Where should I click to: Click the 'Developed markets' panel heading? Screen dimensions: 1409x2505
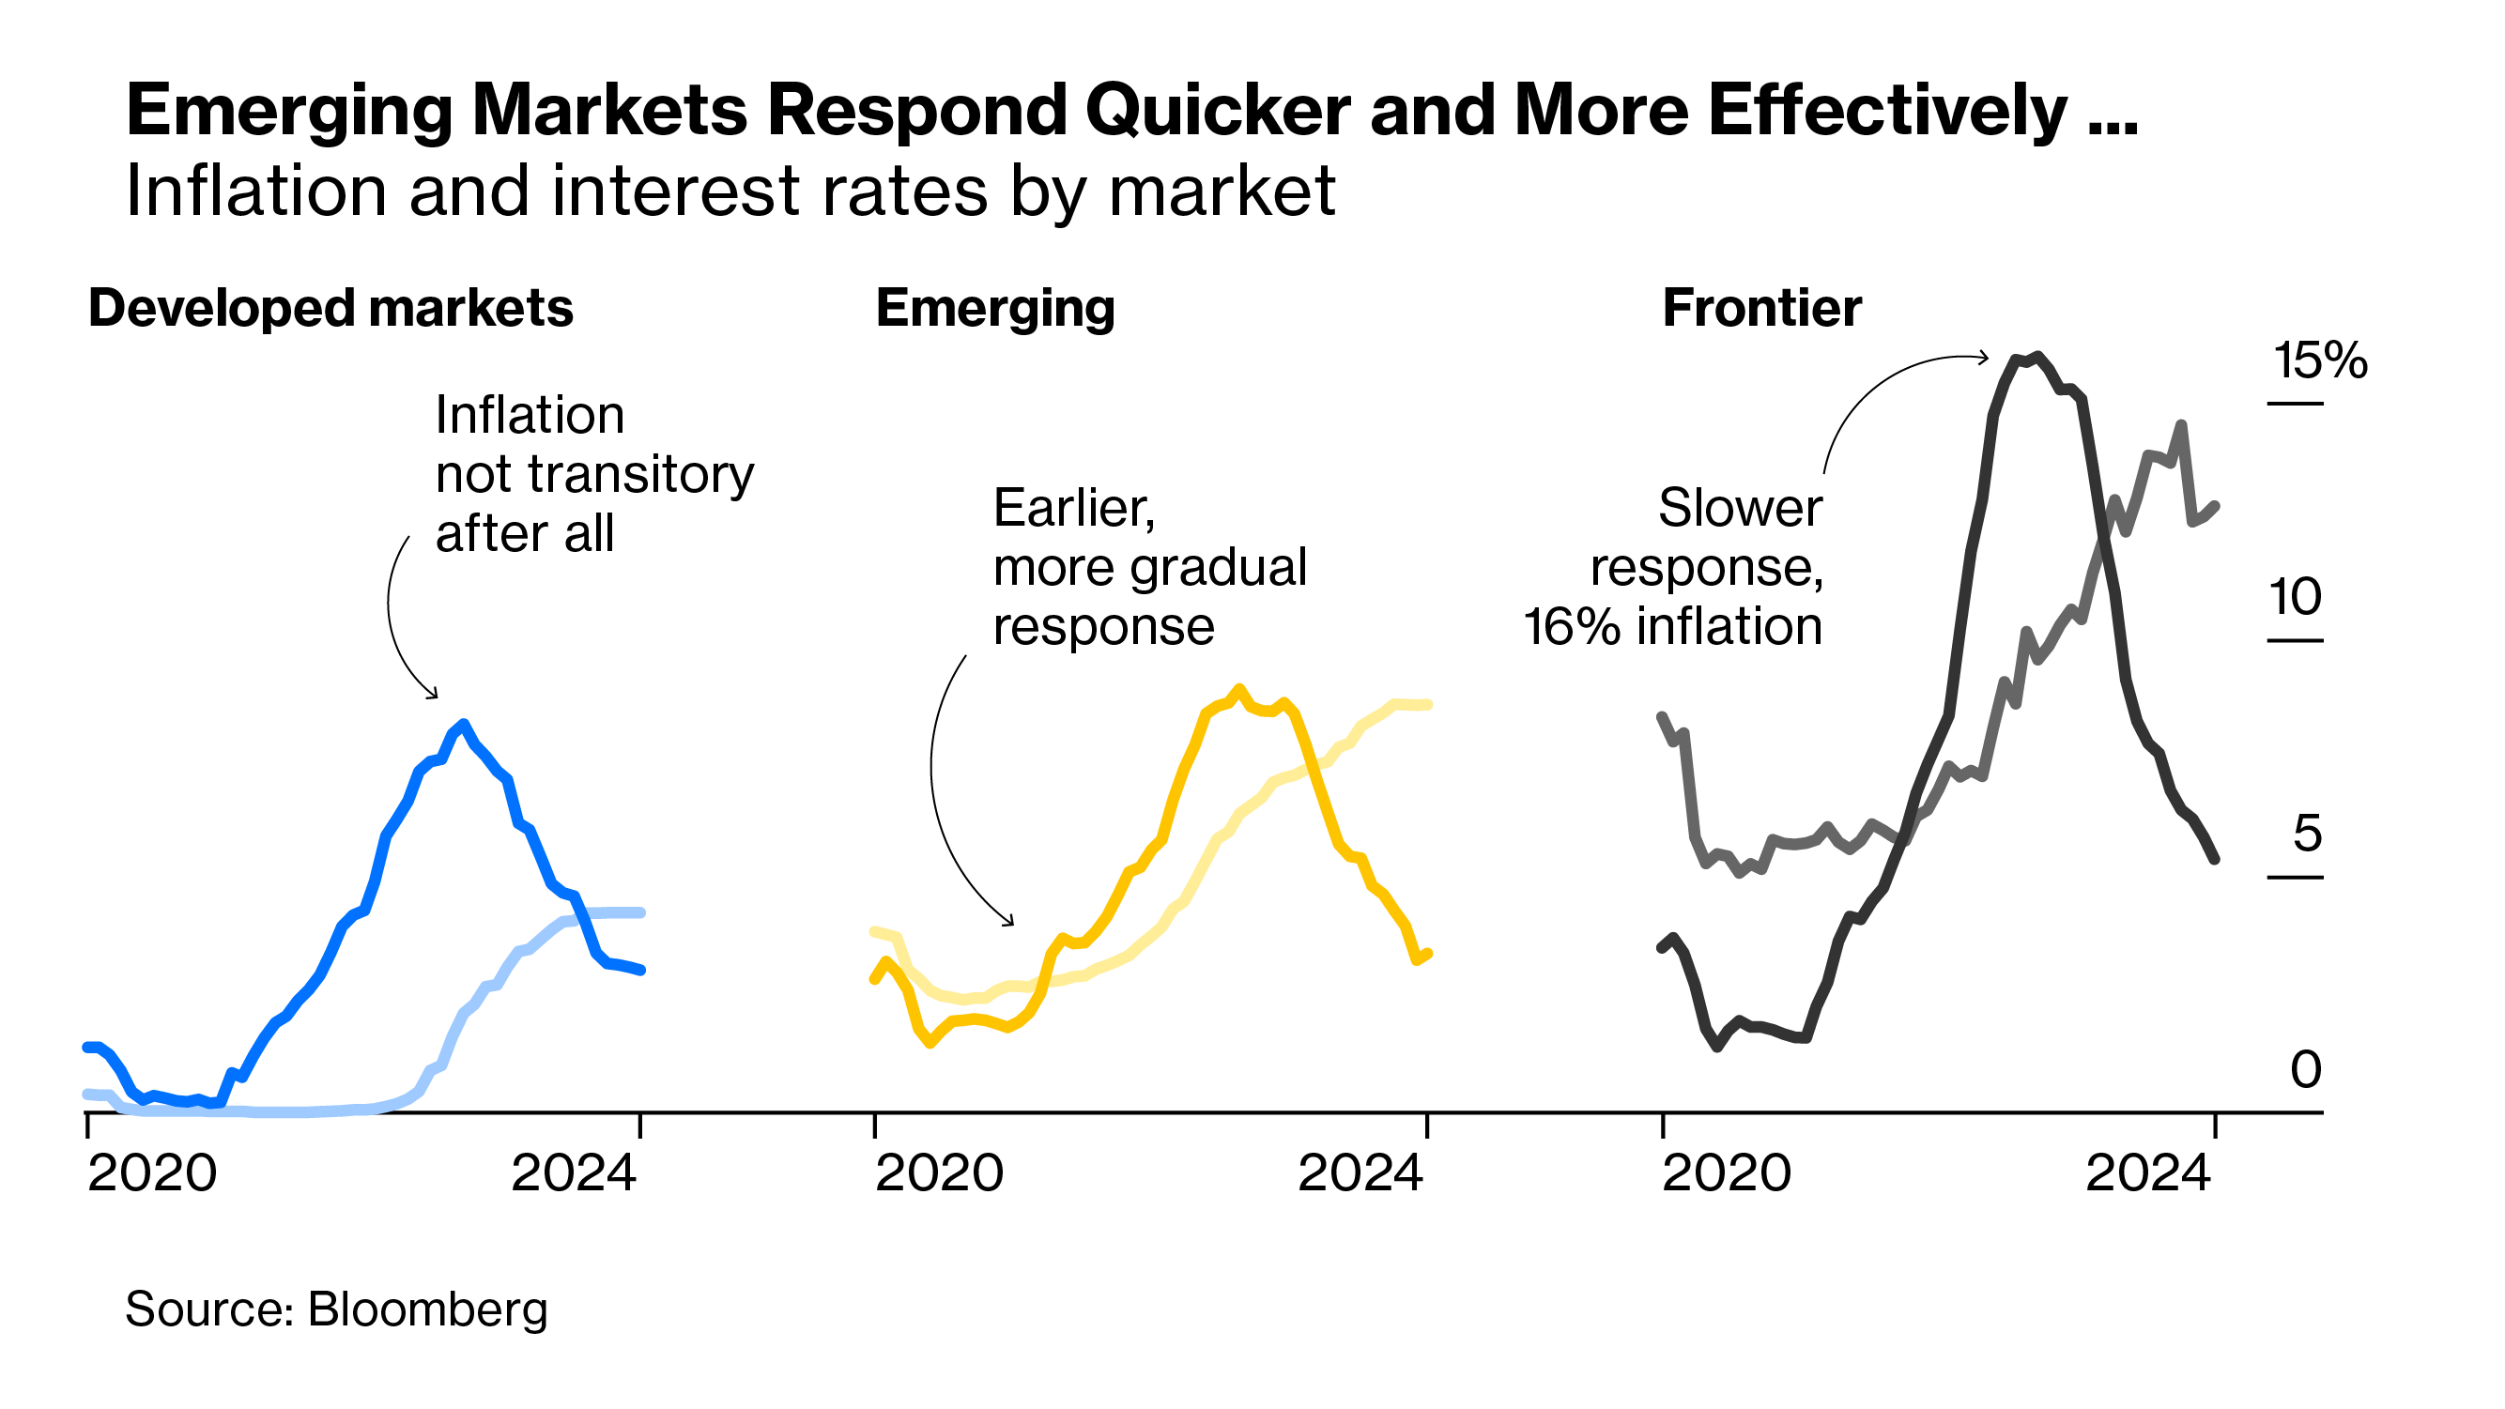pyautogui.click(x=330, y=308)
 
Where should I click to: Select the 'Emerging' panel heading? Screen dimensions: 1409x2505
pyautogui.click(x=995, y=308)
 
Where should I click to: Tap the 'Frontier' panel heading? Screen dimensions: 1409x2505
pyautogui.click(x=1761, y=308)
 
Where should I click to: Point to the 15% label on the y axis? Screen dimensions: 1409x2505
pyautogui.click(x=2319, y=360)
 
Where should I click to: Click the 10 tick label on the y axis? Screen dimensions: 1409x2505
pyautogui.click(x=2295, y=596)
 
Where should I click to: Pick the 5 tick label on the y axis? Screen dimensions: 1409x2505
pyautogui.click(x=2308, y=834)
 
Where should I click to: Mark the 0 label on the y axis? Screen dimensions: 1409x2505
pyautogui.click(x=2306, y=1069)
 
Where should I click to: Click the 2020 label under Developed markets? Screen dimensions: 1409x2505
pyautogui.click(x=152, y=1172)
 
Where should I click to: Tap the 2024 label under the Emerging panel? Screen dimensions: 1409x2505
pyautogui.click(x=1360, y=1172)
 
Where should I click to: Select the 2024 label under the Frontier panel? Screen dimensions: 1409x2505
pyautogui.click(x=2148, y=1172)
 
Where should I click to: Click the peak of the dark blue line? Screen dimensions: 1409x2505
pyautogui.click(x=464, y=725)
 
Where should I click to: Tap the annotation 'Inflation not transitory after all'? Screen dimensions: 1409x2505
pyautogui.click(x=593, y=475)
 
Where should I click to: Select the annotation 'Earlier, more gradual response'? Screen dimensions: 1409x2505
pyautogui.click(x=1149, y=567)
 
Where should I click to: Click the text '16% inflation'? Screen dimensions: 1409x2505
pyautogui.click(x=1672, y=626)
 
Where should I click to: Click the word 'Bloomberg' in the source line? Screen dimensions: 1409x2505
pyautogui.click(x=428, y=1309)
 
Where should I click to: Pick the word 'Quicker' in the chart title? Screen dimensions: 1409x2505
pyautogui.click(x=1218, y=110)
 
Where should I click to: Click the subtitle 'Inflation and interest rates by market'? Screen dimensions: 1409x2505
pyautogui.click(x=730, y=191)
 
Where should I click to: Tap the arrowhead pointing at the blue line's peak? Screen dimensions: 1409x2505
pyautogui.click(x=434, y=696)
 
